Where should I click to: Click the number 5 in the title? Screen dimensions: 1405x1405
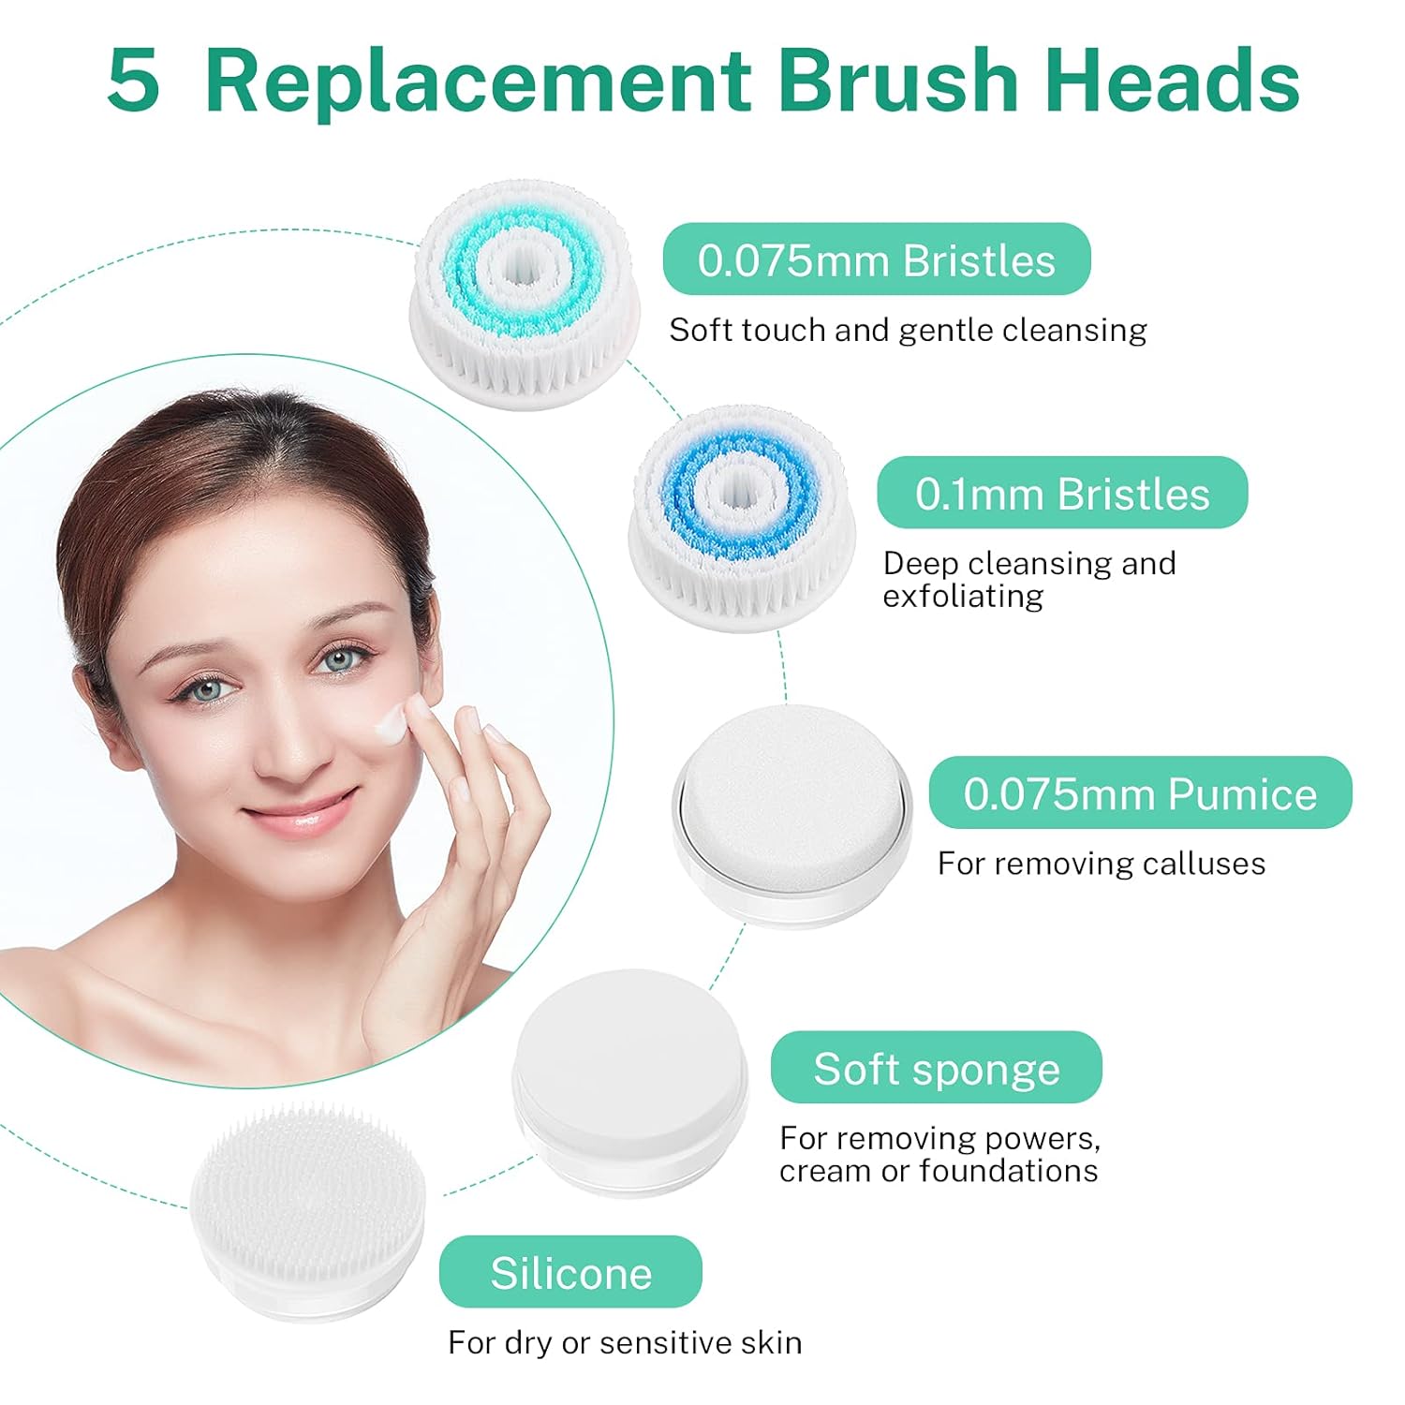click(134, 81)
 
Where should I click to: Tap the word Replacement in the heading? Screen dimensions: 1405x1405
click(478, 81)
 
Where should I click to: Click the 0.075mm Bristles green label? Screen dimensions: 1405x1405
click(876, 259)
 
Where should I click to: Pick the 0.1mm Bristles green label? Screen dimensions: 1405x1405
click(1061, 493)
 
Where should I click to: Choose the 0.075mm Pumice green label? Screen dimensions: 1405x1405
click(1140, 792)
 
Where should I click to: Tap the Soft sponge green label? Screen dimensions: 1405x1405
click(936, 1068)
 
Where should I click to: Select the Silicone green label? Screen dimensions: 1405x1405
click(570, 1272)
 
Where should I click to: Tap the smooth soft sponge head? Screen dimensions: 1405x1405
click(629, 1077)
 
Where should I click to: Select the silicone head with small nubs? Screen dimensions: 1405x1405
click(307, 1208)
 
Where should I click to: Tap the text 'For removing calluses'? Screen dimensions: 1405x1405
click(1101, 863)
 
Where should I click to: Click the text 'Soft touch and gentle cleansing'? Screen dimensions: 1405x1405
click(907, 330)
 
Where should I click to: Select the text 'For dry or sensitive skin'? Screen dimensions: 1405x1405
click(625, 1342)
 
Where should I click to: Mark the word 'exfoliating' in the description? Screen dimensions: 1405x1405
click(963, 597)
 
